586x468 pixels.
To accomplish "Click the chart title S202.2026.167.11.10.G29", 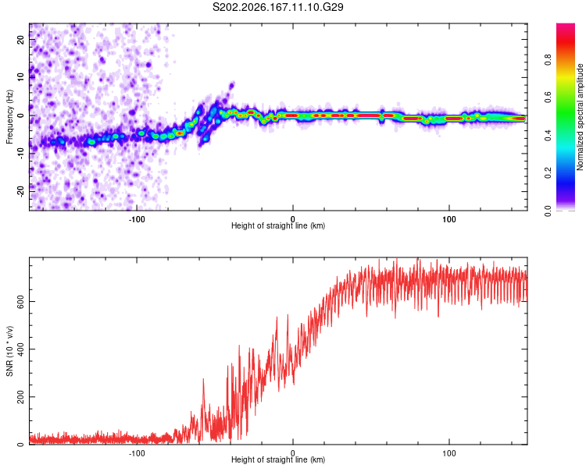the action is (277, 7).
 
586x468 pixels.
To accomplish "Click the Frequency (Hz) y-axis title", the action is (9, 117).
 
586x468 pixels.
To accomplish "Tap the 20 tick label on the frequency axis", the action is (20, 39).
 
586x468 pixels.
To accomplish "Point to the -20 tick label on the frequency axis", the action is (20, 191).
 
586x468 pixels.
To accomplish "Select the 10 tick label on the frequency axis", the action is (20, 77).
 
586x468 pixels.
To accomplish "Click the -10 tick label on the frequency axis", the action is (20, 154).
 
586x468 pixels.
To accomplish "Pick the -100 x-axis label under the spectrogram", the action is (137, 219).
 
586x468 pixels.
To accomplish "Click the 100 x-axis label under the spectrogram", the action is (448, 219).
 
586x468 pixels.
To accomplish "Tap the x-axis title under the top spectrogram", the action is (278, 225).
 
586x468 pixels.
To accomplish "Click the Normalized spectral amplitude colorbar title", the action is (580, 117).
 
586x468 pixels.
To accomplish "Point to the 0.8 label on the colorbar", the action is (548, 60).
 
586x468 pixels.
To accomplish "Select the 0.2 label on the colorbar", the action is (548, 173).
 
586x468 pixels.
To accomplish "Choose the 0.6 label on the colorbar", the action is (548, 97).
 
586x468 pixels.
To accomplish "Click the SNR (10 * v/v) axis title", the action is (9, 351).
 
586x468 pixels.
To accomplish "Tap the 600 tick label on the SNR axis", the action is (20, 302).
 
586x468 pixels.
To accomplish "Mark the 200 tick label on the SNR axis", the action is (20, 397).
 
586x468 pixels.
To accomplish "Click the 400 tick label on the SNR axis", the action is (20, 349).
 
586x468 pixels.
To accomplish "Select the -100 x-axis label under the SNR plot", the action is (137, 453).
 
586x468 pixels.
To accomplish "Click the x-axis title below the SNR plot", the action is (278, 459).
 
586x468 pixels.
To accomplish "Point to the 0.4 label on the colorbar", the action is (548, 136).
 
